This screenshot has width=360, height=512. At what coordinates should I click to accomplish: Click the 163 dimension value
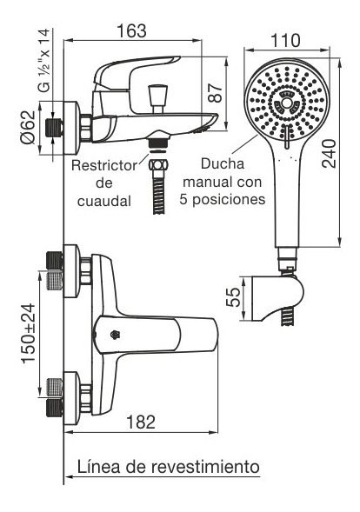(x=131, y=31)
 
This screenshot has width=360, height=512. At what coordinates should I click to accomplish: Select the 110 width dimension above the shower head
(x=285, y=41)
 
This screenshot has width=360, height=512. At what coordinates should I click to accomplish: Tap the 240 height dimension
(x=329, y=154)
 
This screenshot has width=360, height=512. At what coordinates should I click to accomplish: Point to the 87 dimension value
(x=216, y=93)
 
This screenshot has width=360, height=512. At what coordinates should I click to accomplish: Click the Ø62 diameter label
(x=28, y=127)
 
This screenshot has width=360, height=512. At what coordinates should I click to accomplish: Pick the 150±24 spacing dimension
(x=29, y=334)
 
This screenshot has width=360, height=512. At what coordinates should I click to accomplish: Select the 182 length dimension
(x=141, y=422)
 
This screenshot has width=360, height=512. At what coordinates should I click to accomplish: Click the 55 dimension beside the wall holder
(x=233, y=296)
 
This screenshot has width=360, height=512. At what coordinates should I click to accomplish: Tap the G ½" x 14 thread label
(x=44, y=60)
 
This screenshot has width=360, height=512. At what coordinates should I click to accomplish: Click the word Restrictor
(x=104, y=165)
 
